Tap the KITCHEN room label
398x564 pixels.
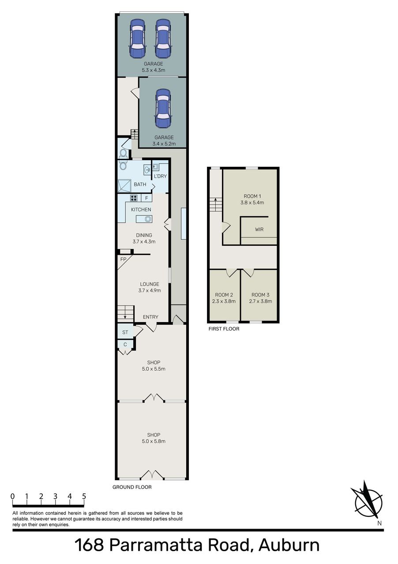141,210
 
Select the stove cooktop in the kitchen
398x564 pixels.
134,198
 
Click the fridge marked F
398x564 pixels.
146,198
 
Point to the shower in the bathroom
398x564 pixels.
124,186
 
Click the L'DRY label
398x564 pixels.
160,176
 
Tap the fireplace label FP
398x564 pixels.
123,259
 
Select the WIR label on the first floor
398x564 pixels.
259,229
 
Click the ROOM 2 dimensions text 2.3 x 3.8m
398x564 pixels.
224,301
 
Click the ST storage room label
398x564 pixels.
125,332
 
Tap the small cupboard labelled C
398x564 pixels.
125,345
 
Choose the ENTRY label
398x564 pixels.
150,317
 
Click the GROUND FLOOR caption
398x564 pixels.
132,487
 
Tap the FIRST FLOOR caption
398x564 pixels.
224,329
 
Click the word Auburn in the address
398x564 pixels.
289,545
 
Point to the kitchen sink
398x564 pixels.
144,219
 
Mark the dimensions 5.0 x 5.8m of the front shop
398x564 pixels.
154,441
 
